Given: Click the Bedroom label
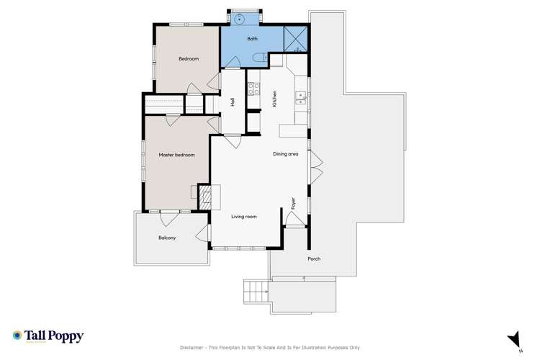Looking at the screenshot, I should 189,58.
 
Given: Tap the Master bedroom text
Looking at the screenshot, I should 177,155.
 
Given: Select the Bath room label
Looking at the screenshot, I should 252,38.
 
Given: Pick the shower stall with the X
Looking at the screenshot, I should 296,38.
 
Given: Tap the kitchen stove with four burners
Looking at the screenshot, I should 253,90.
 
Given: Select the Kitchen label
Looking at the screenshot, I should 274,99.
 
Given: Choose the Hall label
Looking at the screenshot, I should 233,102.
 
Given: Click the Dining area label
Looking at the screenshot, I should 286,154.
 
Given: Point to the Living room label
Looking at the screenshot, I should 244,216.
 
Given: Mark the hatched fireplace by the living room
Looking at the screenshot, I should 205,196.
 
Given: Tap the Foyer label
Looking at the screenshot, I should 294,203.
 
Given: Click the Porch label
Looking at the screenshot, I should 314,258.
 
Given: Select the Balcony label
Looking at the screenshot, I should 167,238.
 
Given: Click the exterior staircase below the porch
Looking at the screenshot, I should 255,292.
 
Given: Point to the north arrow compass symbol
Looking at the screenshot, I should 514,339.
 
